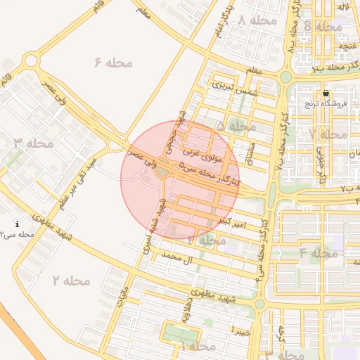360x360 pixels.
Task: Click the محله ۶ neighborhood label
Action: tap(113, 63)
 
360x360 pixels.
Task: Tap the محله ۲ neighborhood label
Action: tap(71, 281)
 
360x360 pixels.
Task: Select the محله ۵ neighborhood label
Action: tap(236, 127)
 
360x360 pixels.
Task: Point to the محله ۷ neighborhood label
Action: tap(328, 134)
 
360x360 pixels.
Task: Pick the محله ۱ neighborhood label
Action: tap(196, 346)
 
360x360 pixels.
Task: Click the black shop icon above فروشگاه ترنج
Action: tap(325, 94)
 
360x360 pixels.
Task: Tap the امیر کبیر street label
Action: tap(232, 221)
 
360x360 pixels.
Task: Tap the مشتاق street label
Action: tap(247, 150)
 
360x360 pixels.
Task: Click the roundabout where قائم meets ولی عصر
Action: tap(30, 61)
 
